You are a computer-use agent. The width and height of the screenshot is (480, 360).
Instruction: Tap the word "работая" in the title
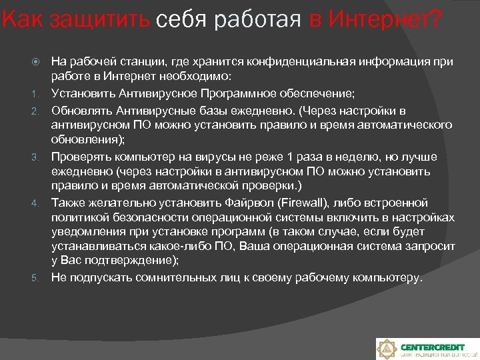pyautogui.click(x=266, y=20)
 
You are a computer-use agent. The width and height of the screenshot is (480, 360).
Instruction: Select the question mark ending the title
pyautogui.click(x=436, y=20)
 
